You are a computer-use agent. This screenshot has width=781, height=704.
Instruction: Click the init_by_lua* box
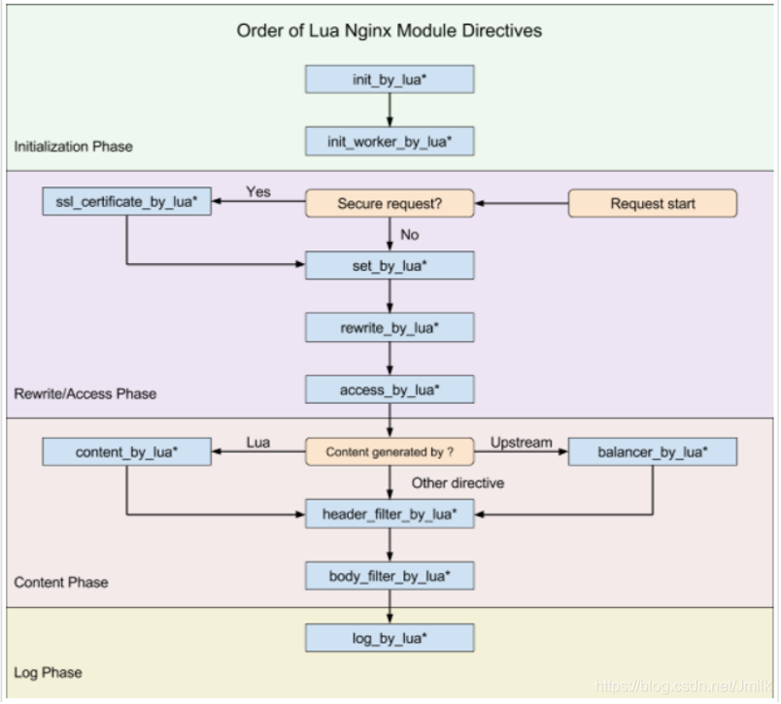tap(390, 80)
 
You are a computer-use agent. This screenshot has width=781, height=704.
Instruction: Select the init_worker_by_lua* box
tap(390, 142)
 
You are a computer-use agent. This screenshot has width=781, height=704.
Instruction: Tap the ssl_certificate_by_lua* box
tap(126, 201)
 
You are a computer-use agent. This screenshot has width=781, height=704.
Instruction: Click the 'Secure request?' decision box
tap(390, 203)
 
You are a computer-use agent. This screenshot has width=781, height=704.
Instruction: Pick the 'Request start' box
tap(653, 203)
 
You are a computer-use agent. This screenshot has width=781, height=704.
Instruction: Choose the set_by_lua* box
tap(390, 265)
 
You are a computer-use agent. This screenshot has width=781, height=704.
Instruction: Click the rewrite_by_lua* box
tap(390, 327)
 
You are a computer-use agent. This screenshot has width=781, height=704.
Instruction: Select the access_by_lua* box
tap(390, 389)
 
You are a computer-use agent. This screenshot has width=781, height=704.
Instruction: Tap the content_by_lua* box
tap(126, 452)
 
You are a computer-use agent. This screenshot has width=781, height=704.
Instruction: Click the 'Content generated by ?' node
tap(390, 452)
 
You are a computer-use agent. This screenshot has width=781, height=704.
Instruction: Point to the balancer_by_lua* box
tap(653, 452)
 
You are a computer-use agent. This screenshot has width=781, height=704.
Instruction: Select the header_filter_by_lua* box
tap(390, 514)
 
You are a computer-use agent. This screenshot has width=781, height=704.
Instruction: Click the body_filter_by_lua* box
tap(390, 576)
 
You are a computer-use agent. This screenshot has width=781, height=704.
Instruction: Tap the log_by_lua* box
tap(390, 638)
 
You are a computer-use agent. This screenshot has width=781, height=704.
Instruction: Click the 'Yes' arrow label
tap(258, 191)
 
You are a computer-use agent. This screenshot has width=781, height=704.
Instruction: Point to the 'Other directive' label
tap(458, 483)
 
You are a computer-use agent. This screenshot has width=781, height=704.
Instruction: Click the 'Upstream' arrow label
tap(521, 443)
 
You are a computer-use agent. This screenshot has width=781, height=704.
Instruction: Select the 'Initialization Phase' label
tap(73, 147)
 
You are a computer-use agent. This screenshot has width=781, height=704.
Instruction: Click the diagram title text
tap(389, 31)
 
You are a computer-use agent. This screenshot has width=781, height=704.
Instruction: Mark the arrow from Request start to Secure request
tap(522, 203)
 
